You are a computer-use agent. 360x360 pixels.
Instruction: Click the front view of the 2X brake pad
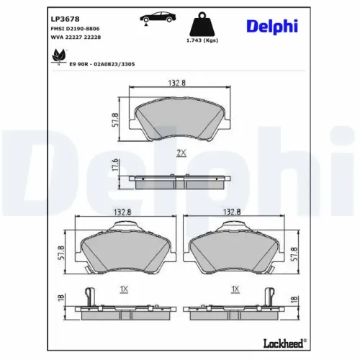(181, 119)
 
